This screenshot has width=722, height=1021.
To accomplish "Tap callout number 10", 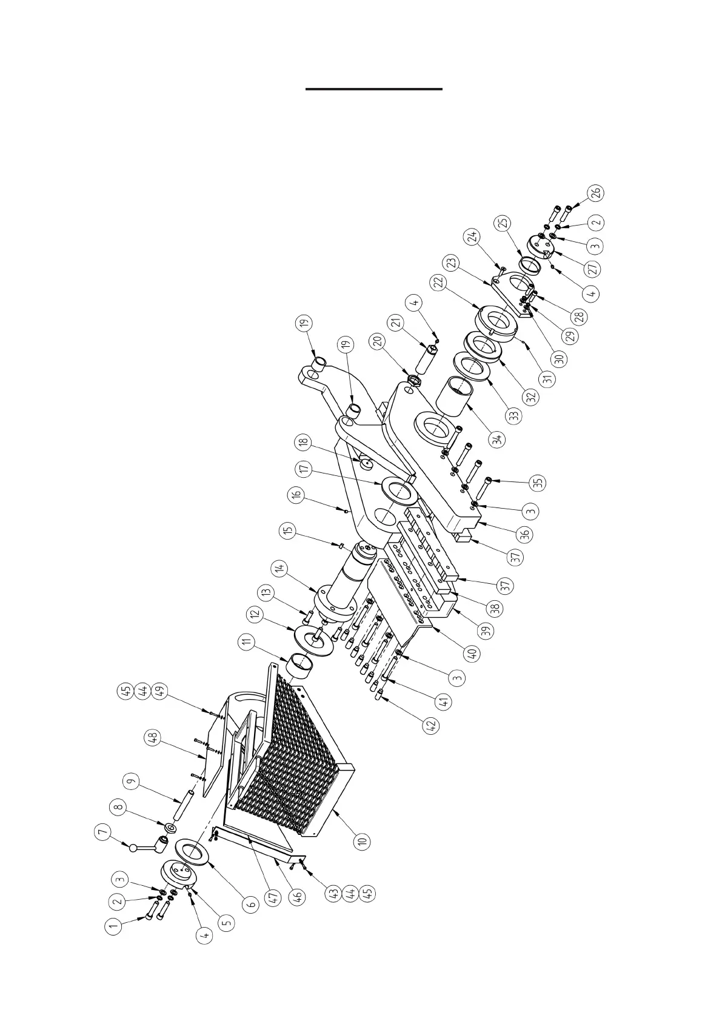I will point(362,841).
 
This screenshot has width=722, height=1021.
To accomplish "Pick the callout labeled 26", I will point(596,193).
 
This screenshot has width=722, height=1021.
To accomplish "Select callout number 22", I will point(439,283).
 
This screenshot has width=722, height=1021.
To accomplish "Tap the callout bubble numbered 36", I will point(525,534).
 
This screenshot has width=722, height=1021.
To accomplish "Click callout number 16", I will point(296,495).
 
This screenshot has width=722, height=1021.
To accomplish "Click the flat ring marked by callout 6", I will point(192,857).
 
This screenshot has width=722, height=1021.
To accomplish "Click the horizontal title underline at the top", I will point(373,89).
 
